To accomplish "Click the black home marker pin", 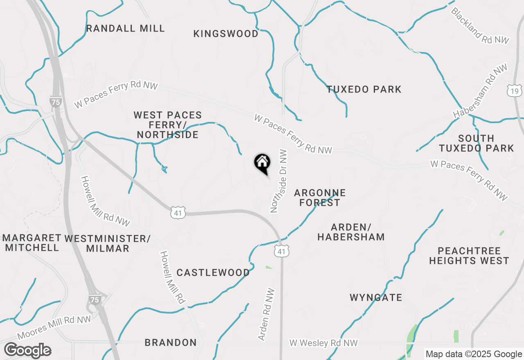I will pos(262,163).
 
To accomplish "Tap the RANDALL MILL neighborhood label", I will pos(126,28).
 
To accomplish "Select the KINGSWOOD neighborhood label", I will pos(226,34).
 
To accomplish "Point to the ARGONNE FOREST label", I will pos(320,198).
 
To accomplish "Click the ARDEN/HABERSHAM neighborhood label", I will pos(351,232).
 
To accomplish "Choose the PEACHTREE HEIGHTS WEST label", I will pos(469,256).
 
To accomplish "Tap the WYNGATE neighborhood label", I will pos(376,297).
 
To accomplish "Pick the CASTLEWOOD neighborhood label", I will pos(213,272).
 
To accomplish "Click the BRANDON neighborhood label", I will pos(171,342).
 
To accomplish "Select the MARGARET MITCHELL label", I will pos(32,243).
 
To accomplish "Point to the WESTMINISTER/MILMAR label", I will pos(108,243).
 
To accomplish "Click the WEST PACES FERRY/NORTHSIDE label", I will pos(168,125).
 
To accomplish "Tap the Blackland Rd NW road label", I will pos(480,25).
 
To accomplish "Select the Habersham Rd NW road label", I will pos(480,91).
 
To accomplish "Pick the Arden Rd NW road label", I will pos(266,315).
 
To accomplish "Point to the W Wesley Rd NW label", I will pos(323,343).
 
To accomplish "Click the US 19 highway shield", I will pos(514,91).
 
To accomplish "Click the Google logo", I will pos(27,351).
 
